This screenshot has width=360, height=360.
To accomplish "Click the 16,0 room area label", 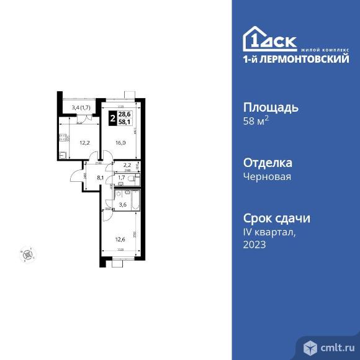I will [120, 142].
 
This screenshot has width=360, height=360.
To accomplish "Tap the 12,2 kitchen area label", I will [83, 142].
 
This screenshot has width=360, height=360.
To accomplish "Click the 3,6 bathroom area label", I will [123, 205].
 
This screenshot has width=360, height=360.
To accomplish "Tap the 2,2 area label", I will [127, 165].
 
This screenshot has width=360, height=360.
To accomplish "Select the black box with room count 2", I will [112, 118].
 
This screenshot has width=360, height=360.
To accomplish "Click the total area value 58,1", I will [124, 122].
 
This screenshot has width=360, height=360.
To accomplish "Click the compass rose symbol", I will [28, 253].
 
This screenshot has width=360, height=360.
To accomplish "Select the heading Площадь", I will [269, 107].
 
